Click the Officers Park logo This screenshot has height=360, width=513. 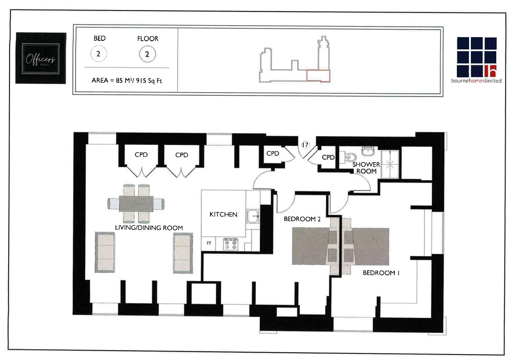tap(41, 58)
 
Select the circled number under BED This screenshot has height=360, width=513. tap(99, 55)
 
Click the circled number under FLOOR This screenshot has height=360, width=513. tap(148, 55)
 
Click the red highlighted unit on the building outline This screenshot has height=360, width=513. tap(318, 76)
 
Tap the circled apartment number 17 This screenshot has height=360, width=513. tap(305, 145)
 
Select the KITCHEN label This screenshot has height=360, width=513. tap(223, 214)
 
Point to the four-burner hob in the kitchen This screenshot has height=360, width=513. tap(230, 245)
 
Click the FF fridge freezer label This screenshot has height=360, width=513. tap(209, 243)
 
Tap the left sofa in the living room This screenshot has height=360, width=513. tap(105, 253)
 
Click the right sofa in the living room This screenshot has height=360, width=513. tap(183, 253)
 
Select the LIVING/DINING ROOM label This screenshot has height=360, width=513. tap(149, 228)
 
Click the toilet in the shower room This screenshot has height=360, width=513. tap(350, 157)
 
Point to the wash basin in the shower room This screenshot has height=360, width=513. tap(367, 150)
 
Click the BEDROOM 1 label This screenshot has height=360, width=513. tap(381, 274)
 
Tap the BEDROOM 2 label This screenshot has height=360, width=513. tap(302, 219)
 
